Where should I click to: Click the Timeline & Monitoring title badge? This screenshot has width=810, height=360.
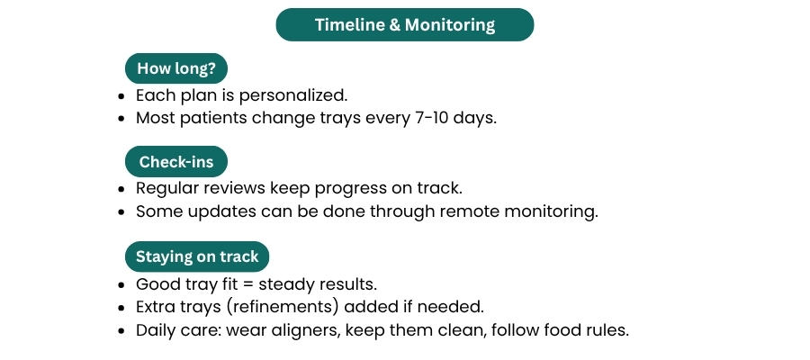[404, 25]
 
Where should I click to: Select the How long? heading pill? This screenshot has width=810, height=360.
[176, 68]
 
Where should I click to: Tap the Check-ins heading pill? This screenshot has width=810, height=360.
[176, 162]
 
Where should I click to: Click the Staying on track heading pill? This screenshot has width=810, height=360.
[197, 256]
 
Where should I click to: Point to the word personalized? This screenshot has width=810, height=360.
[292, 96]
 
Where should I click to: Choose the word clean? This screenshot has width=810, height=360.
[462, 330]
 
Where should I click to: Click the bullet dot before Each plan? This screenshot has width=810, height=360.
[121, 96]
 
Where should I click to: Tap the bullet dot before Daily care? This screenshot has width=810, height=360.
[121, 330]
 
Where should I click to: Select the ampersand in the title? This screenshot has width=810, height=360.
[395, 25]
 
